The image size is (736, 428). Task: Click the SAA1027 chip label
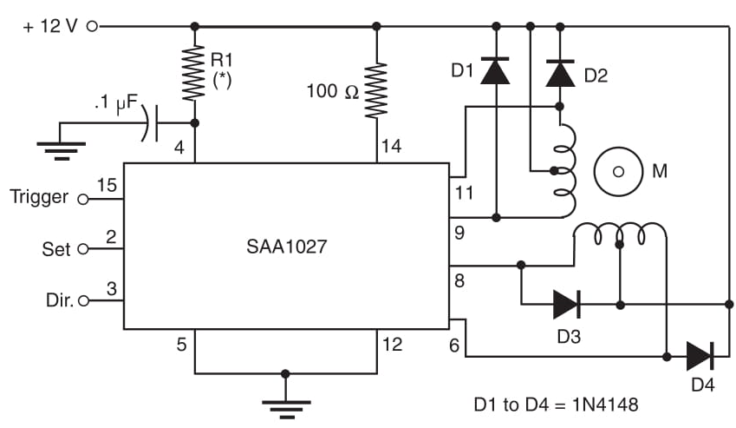click(x=285, y=247)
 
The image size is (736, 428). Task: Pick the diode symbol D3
click(x=566, y=304)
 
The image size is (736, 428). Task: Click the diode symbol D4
click(x=700, y=356)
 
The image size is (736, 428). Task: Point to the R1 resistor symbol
click(x=194, y=73)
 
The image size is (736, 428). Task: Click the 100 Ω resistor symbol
click(x=377, y=89)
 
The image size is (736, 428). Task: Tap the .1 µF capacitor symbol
click(x=153, y=122)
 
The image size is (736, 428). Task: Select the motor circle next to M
click(x=618, y=172)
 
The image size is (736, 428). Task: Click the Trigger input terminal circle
click(x=83, y=198)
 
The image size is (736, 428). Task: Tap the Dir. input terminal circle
click(x=83, y=301)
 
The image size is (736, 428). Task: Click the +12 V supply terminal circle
click(x=92, y=26)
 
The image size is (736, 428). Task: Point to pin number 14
click(x=391, y=147)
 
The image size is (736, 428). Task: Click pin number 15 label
click(x=107, y=185)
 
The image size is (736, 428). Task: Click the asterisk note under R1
click(x=221, y=85)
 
